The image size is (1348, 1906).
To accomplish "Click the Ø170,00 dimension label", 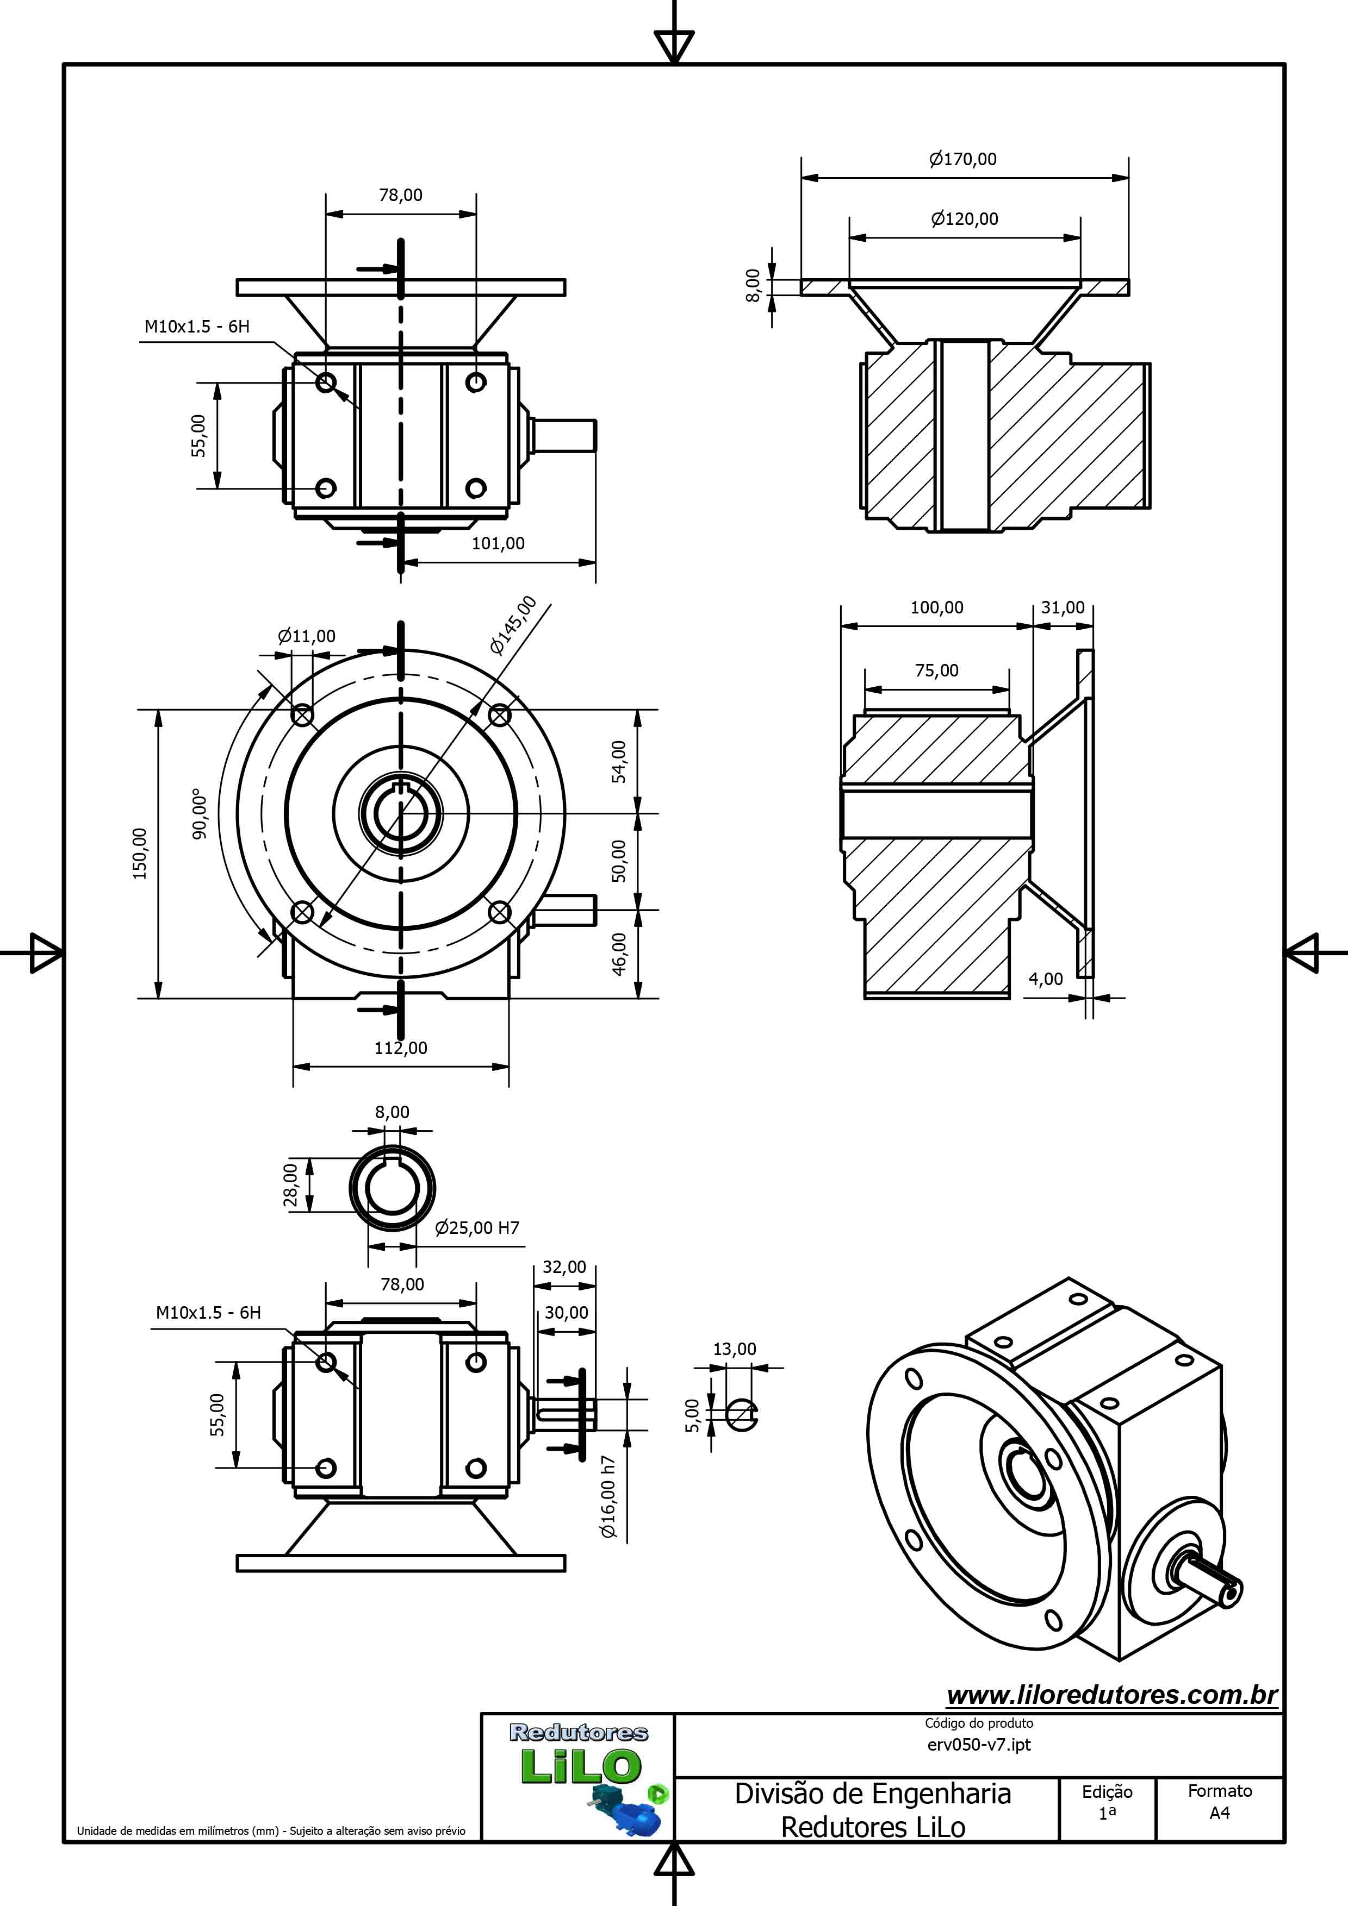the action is click(x=964, y=159).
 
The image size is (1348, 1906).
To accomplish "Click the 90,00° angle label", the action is click(x=200, y=813).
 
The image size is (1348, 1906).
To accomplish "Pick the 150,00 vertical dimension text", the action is click(x=140, y=854).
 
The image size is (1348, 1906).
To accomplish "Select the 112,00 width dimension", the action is click(x=401, y=1048).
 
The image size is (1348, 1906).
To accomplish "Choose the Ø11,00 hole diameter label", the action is click(x=307, y=636).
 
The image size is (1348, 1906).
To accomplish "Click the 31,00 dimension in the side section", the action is click(x=1063, y=607).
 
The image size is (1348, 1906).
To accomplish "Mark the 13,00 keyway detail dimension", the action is click(x=735, y=1349).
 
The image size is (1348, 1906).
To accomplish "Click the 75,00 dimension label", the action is click(x=937, y=670).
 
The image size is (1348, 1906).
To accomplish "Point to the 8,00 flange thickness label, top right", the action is click(x=753, y=286).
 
